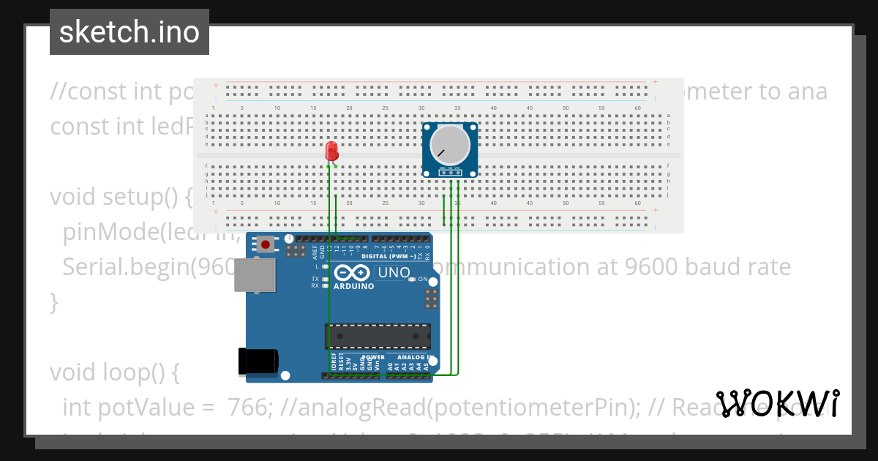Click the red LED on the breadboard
[x=331, y=151]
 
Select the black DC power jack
[x=258, y=361]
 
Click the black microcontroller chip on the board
[x=378, y=335]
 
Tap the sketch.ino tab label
[x=130, y=32]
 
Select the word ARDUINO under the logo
[x=354, y=286]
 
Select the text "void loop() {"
[x=115, y=372]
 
